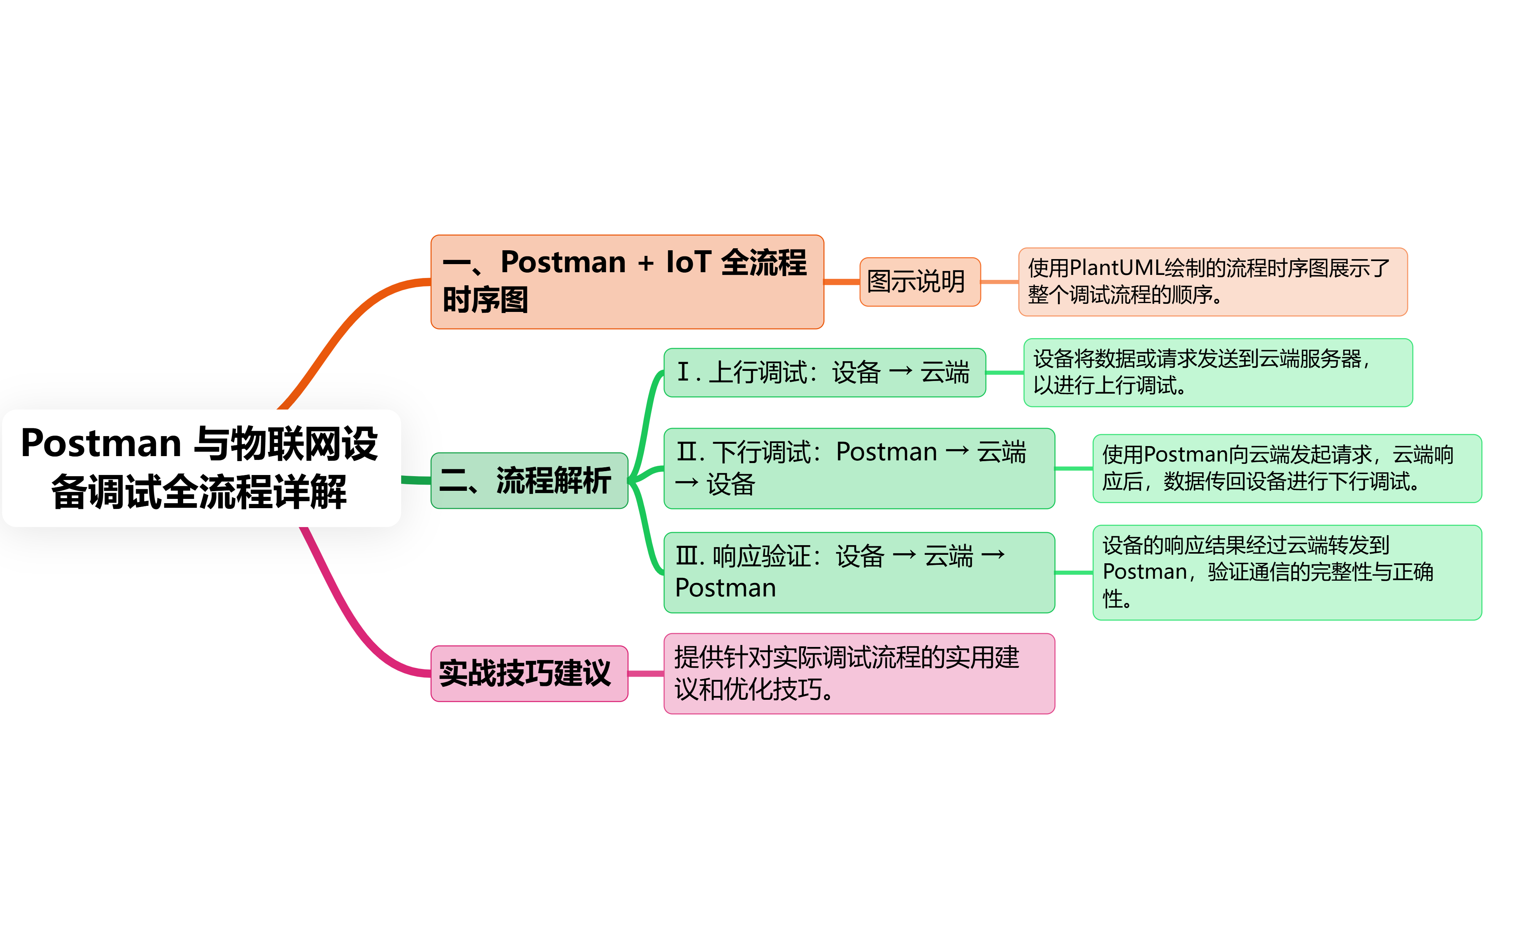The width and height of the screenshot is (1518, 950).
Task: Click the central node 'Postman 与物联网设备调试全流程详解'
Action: [201, 468]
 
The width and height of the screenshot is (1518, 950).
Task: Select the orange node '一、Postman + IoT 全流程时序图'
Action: [626, 281]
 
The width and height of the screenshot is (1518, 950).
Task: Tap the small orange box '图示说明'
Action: [919, 281]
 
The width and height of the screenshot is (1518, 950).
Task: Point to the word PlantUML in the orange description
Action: [1116, 268]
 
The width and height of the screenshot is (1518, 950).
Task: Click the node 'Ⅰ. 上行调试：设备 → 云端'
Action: [824, 372]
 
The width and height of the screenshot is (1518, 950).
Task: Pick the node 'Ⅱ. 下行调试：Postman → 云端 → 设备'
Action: [858, 468]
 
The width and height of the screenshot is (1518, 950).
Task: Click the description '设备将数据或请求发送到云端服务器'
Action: [1217, 372]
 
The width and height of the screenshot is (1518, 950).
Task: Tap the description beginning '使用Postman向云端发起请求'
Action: [1286, 468]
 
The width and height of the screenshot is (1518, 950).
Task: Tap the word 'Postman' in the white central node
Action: [101, 443]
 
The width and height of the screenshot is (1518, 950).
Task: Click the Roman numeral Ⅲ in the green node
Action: [687, 556]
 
